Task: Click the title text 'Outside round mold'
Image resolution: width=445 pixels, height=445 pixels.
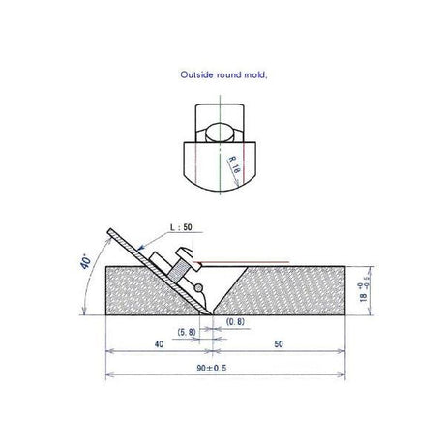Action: tap(223, 74)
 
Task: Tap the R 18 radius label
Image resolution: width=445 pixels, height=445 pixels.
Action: tap(234, 164)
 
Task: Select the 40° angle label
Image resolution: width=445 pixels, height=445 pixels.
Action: tap(85, 261)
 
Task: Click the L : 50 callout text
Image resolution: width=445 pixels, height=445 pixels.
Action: tap(181, 227)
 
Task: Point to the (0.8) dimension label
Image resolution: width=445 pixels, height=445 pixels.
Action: tap(235, 321)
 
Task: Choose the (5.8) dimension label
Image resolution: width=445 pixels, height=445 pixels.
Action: tap(187, 332)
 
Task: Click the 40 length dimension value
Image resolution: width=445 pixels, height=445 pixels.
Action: tap(159, 344)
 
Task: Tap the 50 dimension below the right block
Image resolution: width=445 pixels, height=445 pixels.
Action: tap(279, 344)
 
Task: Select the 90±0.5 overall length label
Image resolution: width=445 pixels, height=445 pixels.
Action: tap(212, 368)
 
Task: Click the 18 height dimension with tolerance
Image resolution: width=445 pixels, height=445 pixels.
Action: tap(365, 292)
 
